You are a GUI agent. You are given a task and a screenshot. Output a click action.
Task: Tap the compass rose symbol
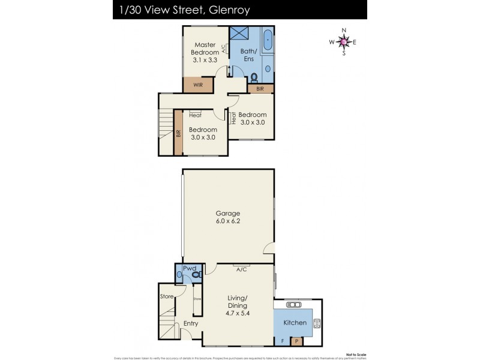[343, 41]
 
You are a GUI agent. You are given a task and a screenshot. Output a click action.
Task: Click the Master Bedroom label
[205, 52]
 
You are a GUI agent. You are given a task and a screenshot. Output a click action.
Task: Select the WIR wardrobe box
[198, 85]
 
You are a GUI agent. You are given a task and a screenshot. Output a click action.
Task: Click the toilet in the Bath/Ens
[254, 77]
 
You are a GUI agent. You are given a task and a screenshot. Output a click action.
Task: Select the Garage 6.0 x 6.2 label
[228, 217]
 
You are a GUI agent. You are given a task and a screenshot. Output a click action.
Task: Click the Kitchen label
[295, 323]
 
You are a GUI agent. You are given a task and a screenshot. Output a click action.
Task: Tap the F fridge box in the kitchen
[283, 341]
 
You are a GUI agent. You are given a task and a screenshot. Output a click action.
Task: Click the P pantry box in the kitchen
[296, 341]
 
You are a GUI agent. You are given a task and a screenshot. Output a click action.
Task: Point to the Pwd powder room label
[190, 268]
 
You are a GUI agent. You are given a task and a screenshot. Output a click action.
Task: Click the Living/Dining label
[238, 305]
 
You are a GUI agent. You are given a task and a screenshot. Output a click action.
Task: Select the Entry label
[191, 324]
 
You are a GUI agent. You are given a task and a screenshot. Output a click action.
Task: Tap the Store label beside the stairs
[166, 296]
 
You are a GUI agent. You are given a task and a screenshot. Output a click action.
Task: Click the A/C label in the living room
[242, 269]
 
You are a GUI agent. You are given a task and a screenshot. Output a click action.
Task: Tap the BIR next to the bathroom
[260, 89]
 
